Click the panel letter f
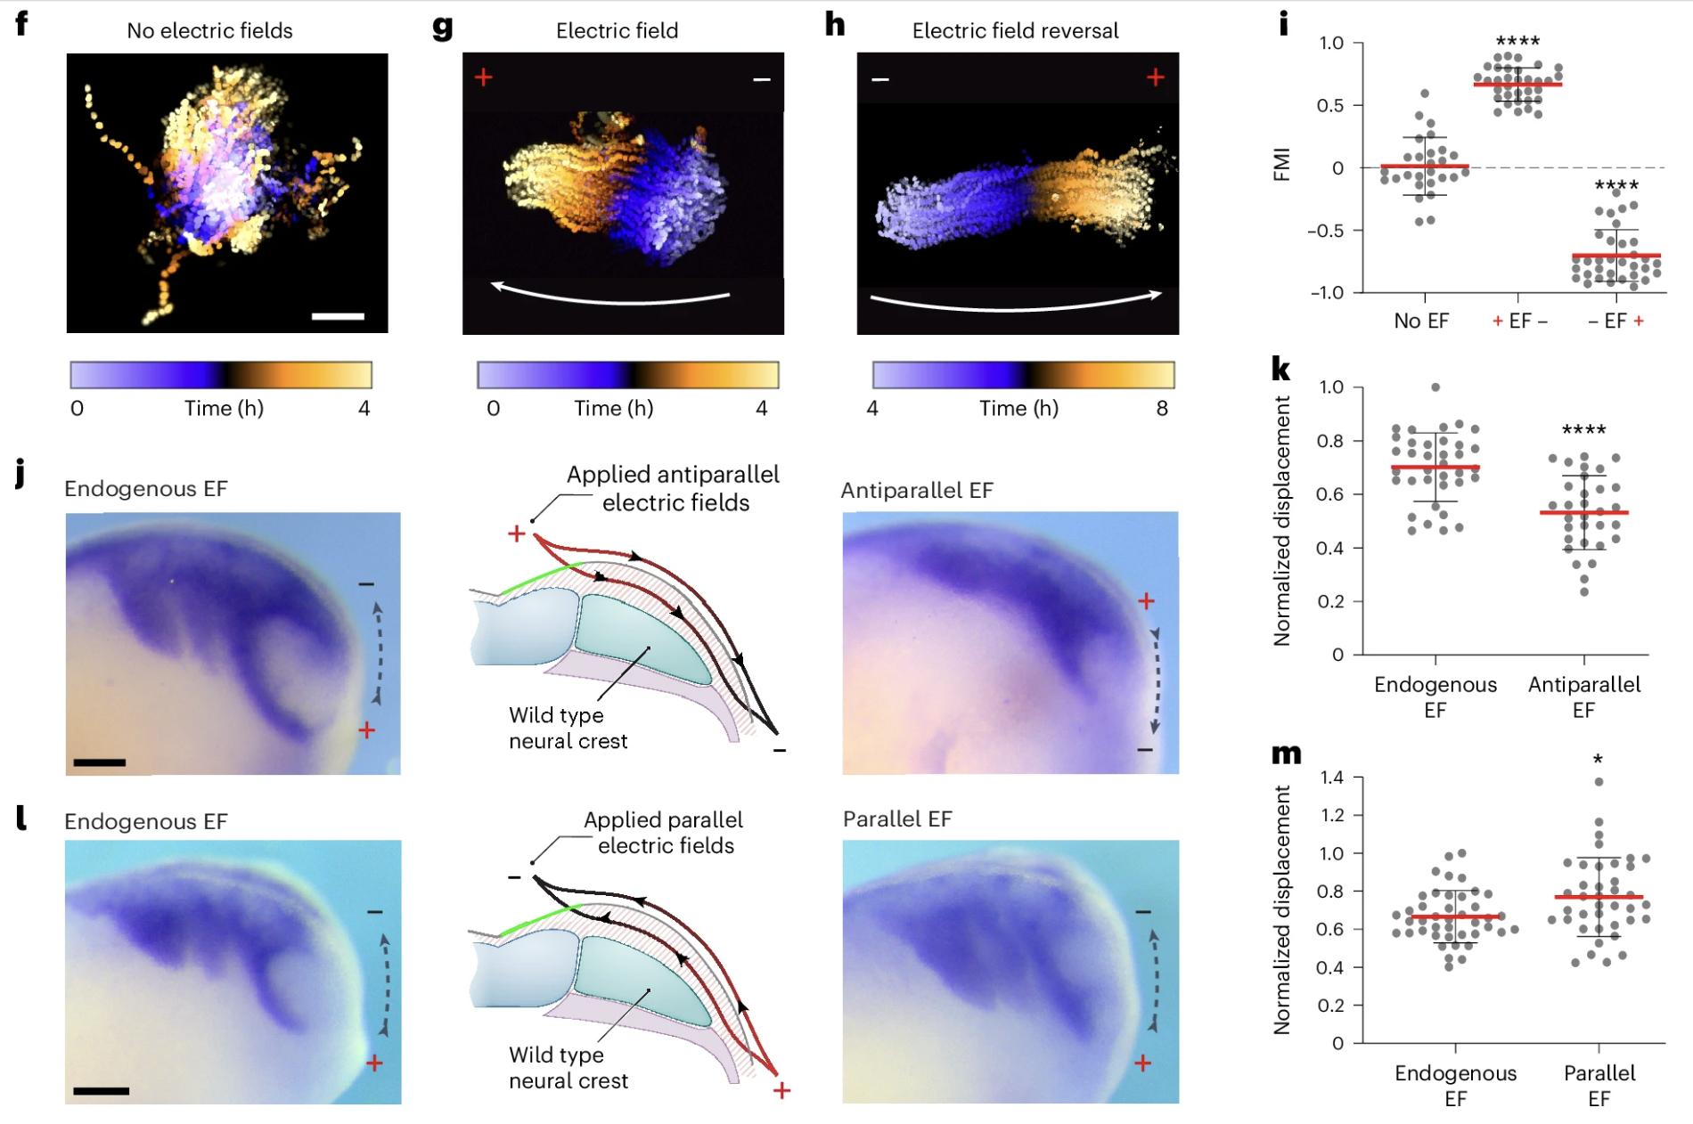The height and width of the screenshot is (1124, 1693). click(x=21, y=23)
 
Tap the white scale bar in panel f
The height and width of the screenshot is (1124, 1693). click(x=338, y=316)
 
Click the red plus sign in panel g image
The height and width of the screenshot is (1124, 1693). click(x=483, y=77)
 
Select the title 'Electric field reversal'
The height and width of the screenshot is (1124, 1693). click(x=1015, y=31)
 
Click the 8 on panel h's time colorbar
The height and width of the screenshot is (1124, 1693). click(x=1162, y=408)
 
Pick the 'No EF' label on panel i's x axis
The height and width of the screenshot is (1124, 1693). click(x=1421, y=322)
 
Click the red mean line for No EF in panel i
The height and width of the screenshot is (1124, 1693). click(x=1425, y=167)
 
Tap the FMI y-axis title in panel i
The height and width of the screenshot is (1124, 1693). click(x=1282, y=167)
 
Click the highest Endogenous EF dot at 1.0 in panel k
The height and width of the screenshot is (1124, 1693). click(x=1435, y=387)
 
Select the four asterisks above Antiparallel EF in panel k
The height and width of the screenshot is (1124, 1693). click(x=1583, y=430)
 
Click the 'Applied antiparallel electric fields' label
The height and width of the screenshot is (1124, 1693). click(x=674, y=488)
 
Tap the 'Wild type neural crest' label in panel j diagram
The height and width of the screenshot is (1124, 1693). click(x=568, y=728)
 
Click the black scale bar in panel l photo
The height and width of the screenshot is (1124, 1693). click(x=101, y=1090)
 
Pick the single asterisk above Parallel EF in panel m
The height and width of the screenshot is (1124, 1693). click(x=1599, y=759)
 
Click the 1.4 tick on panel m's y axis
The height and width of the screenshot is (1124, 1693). click(x=1331, y=778)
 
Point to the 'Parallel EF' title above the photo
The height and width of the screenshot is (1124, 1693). click(x=897, y=819)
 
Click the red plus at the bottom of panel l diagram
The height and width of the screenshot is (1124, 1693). click(x=781, y=1090)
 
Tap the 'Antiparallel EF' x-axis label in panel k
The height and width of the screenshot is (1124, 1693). click(x=1583, y=696)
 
